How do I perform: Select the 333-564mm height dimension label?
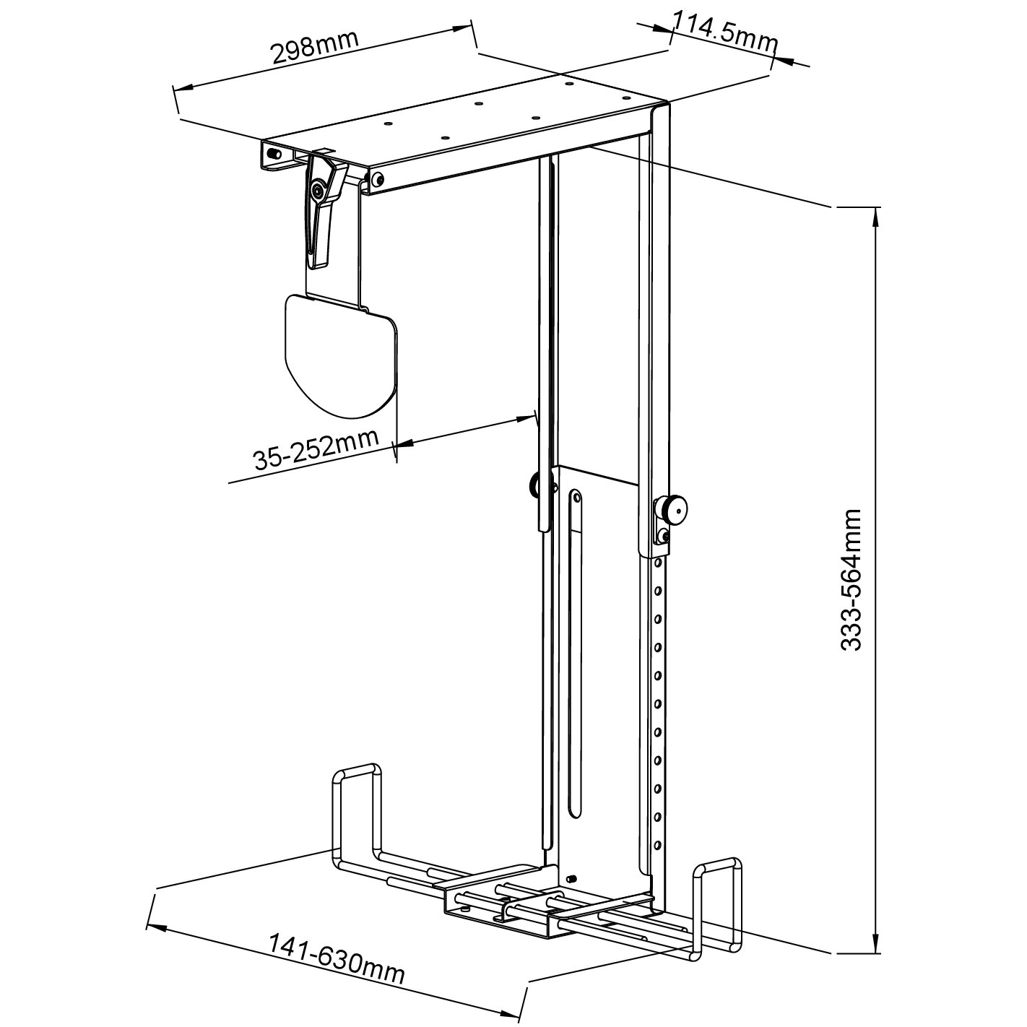[852, 580]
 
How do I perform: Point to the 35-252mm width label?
[316, 449]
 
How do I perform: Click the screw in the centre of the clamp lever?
[318, 191]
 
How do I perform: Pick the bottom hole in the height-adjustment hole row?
[657, 844]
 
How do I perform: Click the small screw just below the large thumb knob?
[663, 535]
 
